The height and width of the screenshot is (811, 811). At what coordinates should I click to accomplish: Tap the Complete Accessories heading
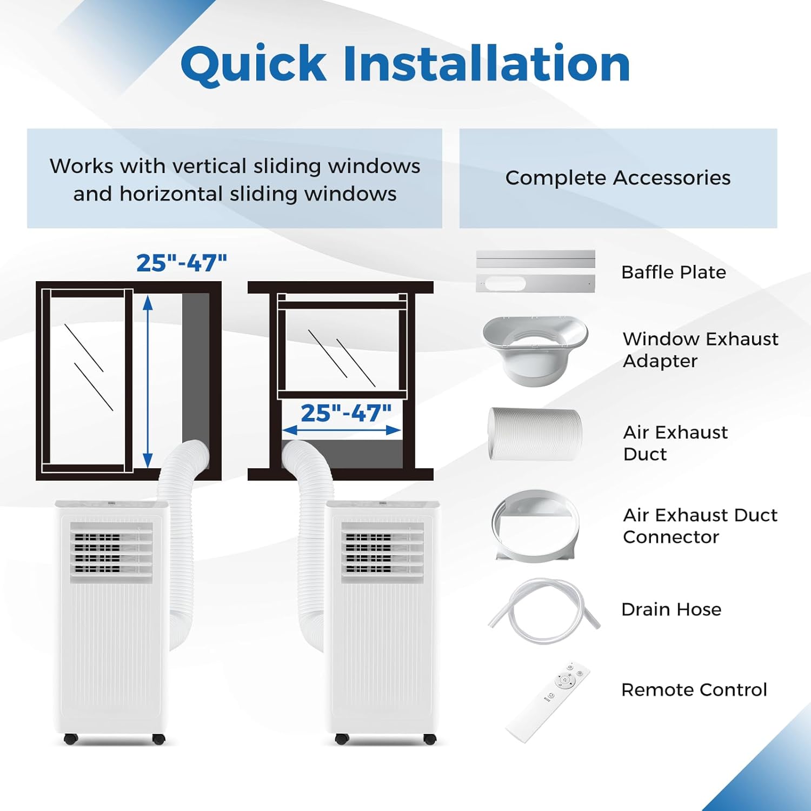618,178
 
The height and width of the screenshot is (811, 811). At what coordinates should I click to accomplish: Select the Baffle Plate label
674,272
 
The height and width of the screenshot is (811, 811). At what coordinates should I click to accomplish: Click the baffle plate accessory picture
535,271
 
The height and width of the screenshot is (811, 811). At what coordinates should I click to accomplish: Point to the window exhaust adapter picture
535,349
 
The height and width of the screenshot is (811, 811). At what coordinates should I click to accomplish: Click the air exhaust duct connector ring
535,526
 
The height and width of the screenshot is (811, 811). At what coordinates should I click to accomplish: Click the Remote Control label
694,690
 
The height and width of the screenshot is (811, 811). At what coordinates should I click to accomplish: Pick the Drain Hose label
672,609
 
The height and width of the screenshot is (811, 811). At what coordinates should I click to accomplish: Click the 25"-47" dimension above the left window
182,263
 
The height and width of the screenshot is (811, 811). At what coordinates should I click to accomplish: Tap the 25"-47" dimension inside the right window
346,413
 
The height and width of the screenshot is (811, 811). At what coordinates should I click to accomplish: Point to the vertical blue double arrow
148,381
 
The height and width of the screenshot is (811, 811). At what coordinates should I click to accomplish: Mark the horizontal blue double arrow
342,430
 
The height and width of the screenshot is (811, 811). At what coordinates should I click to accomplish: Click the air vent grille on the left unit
112,551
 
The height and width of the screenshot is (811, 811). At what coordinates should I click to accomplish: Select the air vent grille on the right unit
382,551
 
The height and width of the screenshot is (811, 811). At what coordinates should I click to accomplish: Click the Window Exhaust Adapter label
700,350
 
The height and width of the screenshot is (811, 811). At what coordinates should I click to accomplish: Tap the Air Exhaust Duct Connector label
700,526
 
